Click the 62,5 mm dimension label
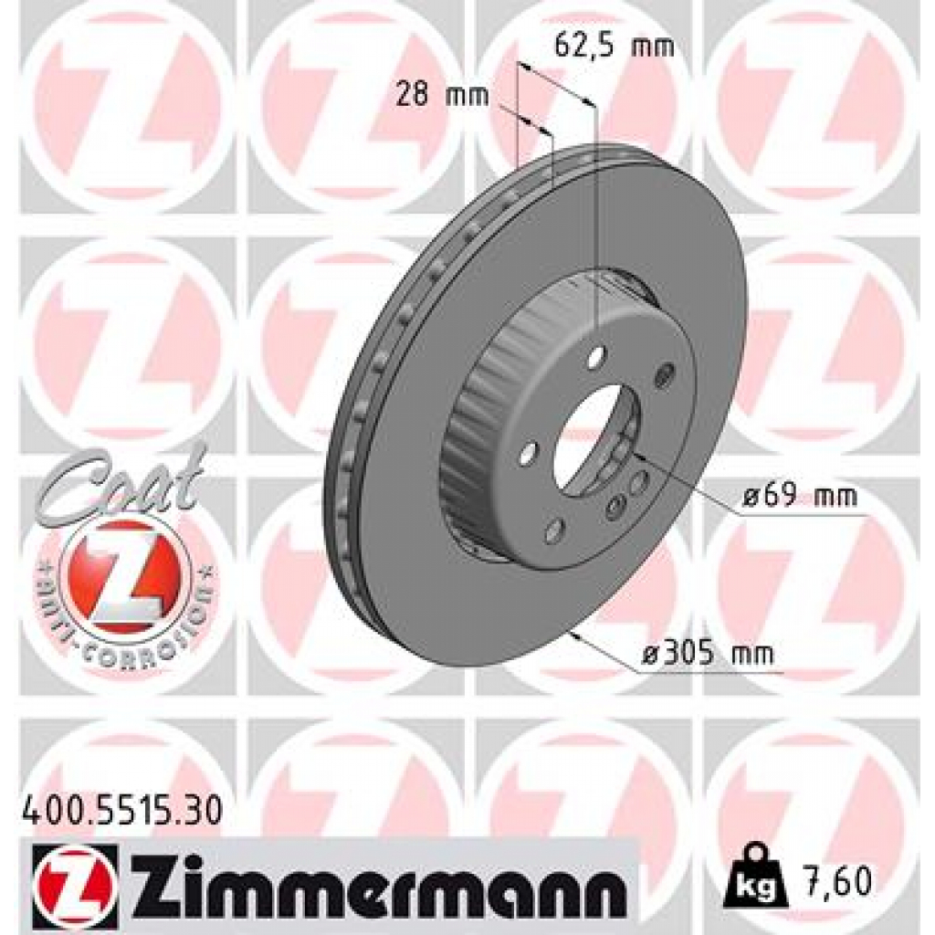(x=615, y=46)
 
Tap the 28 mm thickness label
(x=443, y=95)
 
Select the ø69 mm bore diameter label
(x=800, y=498)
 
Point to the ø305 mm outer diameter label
(x=708, y=654)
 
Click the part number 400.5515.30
(x=120, y=810)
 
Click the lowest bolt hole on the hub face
(x=553, y=530)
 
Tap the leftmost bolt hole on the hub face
(x=529, y=453)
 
